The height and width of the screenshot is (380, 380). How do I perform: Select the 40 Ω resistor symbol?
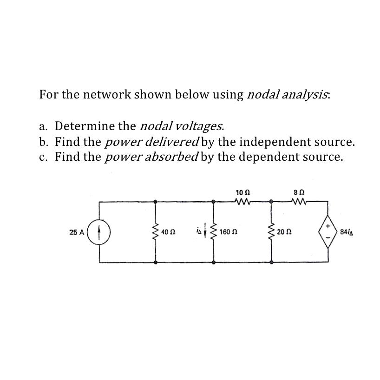tap(155, 231)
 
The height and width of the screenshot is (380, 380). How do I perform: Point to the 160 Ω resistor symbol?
tap(214, 231)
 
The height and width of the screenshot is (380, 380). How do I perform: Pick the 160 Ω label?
tap(228, 231)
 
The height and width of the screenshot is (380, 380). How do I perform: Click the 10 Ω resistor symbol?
tap(242, 202)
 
